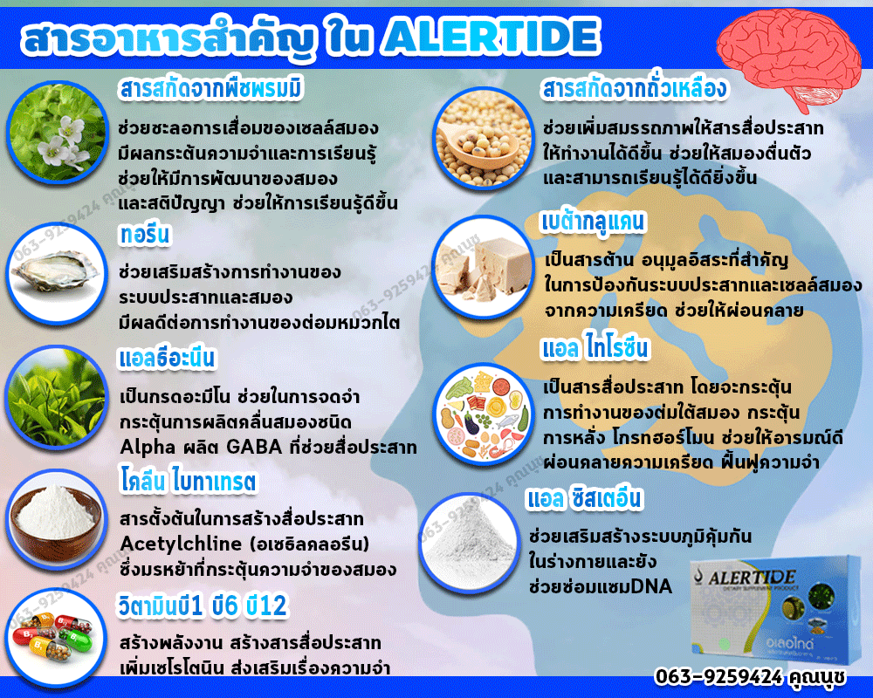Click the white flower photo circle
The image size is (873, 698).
(x=58, y=132)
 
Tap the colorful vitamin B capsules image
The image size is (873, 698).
(x=58, y=639)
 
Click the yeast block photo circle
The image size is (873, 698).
(x=483, y=267)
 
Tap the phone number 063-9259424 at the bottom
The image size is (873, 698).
(x=718, y=676)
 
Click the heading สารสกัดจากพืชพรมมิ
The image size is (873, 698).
(x=211, y=89)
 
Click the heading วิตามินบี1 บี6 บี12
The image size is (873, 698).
(x=203, y=606)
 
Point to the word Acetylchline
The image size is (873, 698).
(x=181, y=544)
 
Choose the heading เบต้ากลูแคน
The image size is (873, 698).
(x=594, y=222)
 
